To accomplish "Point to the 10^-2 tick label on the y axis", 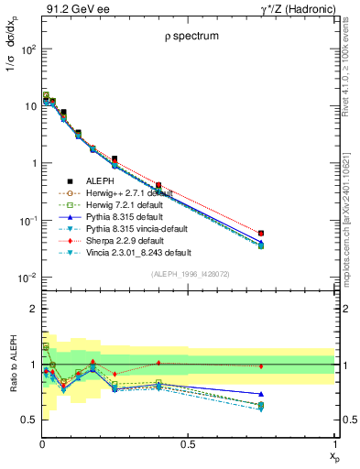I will click(x=27, y=278).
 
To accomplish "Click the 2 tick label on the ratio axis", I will click(x=33, y=309).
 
